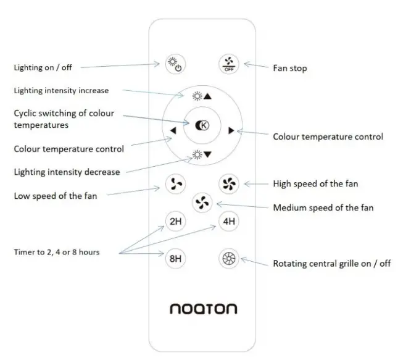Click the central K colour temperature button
coord(202,125)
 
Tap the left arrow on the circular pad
coord(173,131)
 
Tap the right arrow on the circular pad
coord(231,130)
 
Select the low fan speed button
coord(175,183)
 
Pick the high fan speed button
coord(228,183)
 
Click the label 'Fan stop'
coord(290,68)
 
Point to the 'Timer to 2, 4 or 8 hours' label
coord(57,252)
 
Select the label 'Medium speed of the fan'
coord(323,208)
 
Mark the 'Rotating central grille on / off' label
coord(331,264)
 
